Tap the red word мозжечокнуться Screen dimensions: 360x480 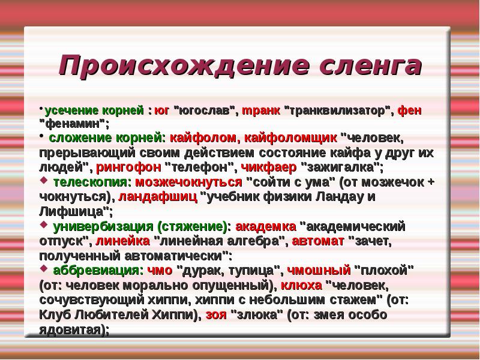point(188,182)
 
